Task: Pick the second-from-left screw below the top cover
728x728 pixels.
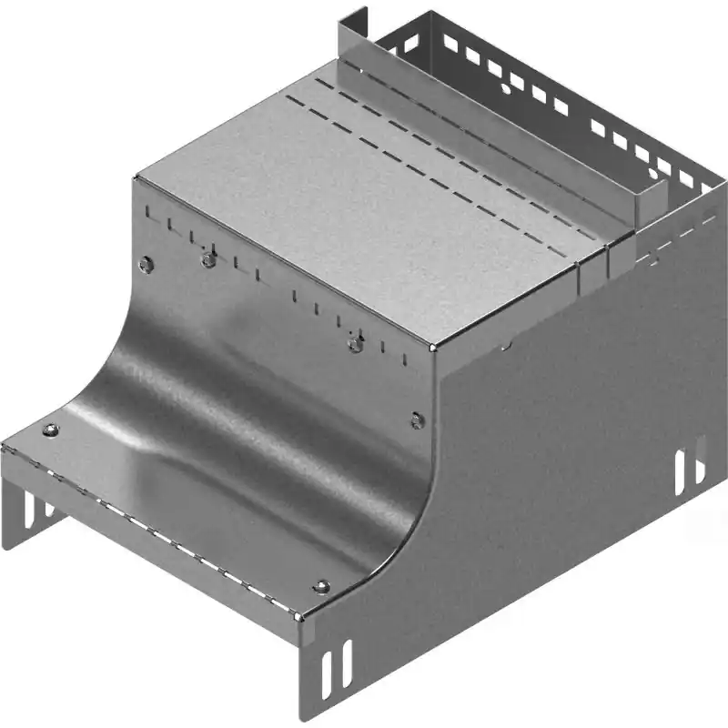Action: (x=208, y=260)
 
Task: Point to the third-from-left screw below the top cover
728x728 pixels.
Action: (x=356, y=343)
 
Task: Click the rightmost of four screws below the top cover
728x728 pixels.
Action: (x=417, y=420)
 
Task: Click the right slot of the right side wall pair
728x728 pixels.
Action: (x=700, y=460)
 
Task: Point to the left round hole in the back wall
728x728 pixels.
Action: (x=503, y=90)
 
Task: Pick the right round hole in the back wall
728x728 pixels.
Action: (x=653, y=170)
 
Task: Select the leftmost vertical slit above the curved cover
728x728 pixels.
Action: (x=147, y=216)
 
